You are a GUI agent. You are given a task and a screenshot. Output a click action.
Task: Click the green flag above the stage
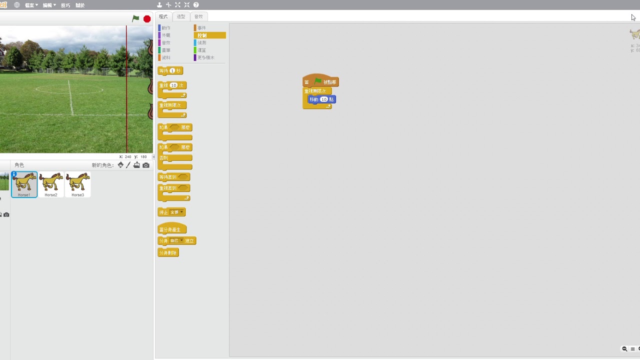pyautogui.click(x=135, y=18)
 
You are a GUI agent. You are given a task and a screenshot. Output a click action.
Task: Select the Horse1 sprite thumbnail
pyautogui.click(x=24, y=183)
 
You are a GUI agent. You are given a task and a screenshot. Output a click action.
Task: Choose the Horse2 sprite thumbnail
pyautogui.click(x=51, y=183)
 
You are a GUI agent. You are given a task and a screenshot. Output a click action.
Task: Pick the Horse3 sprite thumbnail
pyautogui.click(x=77, y=183)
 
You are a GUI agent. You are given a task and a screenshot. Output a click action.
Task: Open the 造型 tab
pyautogui.click(x=181, y=16)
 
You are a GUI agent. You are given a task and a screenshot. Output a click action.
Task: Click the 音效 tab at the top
pyautogui.click(x=198, y=16)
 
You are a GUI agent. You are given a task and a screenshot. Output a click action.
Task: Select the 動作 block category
pyautogui.click(x=165, y=28)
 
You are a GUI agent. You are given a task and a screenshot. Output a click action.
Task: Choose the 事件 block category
pyautogui.click(x=201, y=28)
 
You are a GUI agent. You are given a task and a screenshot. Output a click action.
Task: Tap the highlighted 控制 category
pyautogui.click(x=209, y=35)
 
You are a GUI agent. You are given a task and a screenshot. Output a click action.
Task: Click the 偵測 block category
pyautogui.click(x=201, y=43)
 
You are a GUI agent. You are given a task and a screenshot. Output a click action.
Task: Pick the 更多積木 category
pyautogui.click(x=205, y=57)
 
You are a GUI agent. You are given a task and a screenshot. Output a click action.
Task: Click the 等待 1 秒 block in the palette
pyautogui.click(x=170, y=70)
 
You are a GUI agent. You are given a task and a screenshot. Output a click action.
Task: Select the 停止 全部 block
pyautogui.click(x=171, y=212)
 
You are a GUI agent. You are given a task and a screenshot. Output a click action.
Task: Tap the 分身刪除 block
pyautogui.click(x=168, y=253)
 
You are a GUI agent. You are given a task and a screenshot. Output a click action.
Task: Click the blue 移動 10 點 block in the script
pyautogui.click(x=321, y=99)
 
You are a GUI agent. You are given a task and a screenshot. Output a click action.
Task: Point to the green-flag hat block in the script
pyautogui.click(x=320, y=82)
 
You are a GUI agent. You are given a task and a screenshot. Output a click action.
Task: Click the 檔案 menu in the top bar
pyautogui.click(x=31, y=5)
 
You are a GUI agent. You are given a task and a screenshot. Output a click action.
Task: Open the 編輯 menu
pyautogui.click(x=48, y=5)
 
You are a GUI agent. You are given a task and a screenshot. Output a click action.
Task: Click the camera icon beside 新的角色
pyautogui.click(x=146, y=165)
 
